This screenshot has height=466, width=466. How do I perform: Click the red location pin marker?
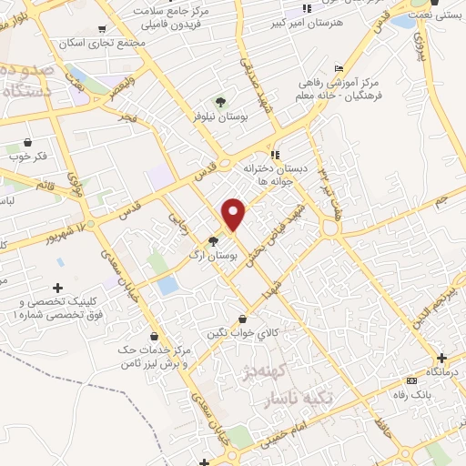pos(235,213)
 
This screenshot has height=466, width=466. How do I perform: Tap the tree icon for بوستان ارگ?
pos(213,241)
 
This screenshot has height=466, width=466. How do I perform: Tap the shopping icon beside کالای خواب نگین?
pos(242,319)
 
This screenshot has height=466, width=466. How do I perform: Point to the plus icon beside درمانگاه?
pos(442,359)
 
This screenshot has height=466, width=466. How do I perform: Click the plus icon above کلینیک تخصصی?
pos(59,288)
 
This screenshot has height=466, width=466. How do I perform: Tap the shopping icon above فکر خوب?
pos(27,142)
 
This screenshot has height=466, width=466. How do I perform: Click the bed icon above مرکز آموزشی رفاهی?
pos(339,67)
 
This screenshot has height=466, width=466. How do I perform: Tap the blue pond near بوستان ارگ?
pos(167,285)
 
